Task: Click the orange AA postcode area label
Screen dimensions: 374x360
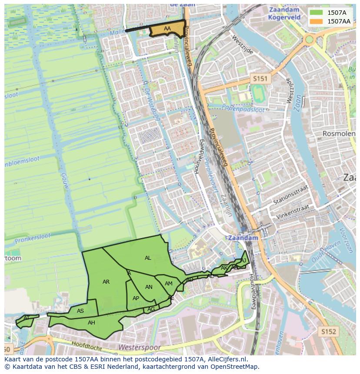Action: pos(167,29)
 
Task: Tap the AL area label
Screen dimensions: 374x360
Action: pos(148,258)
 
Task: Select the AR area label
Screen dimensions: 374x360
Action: pos(106,282)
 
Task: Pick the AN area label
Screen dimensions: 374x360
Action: pos(149,287)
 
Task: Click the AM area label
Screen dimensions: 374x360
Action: pos(169,284)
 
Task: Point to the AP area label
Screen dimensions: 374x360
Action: pos(136,298)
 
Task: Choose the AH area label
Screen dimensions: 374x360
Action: pos(91,323)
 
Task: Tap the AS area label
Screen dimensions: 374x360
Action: pos(80,311)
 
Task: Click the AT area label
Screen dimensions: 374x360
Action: pos(27,318)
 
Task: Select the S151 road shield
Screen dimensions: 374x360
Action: pos(260,79)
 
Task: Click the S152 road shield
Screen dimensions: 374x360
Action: pos(329,331)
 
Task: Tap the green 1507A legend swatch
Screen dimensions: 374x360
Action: pos(316,13)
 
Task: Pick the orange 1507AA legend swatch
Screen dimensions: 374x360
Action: pos(316,21)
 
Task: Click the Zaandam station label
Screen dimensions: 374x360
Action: pos(243,238)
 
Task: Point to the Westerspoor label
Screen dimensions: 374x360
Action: pos(139,348)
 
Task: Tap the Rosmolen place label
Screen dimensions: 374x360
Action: pos(339,134)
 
